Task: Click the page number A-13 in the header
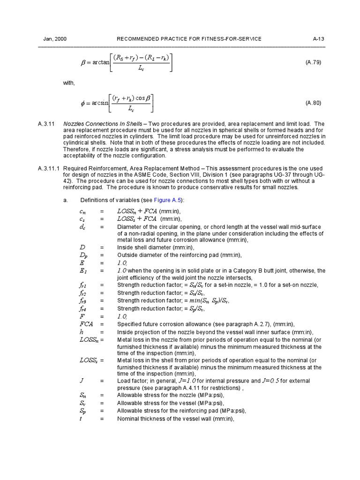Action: pyautogui.click(x=318, y=39)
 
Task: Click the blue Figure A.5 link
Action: pyautogui.click(x=159, y=200)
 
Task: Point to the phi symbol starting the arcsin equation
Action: pyautogui.click(x=83, y=103)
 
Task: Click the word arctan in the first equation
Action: pyautogui.click(x=101, y=62)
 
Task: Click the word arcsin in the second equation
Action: pyautogui.click(x=100, y=103)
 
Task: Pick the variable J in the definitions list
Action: pyautogui.click(x=82, y=381)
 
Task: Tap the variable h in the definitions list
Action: pyautogui.click(x=82, y=332)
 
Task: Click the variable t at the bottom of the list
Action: pyautogui.click(x=81, y=419)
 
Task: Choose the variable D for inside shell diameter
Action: pyautogui.click(x=82, y=247)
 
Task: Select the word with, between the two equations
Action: pyautogui.click(x=69, y=82)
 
